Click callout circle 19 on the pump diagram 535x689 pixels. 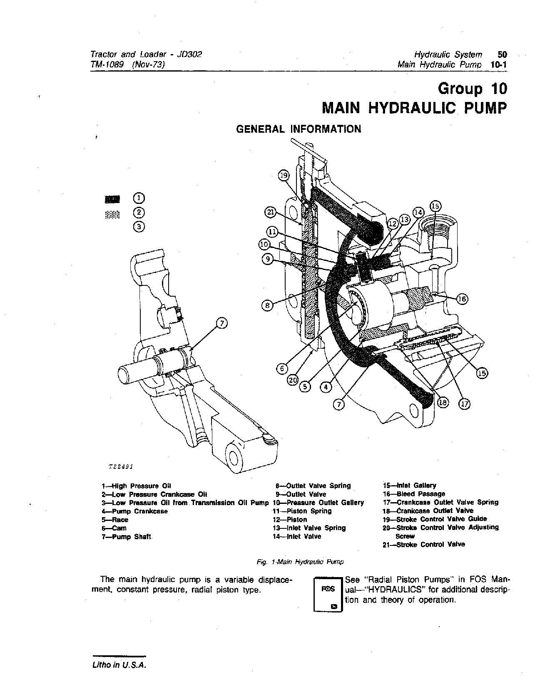pyautogui.click(x=283, y=176)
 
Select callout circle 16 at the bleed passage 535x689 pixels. pyautogui.click(x=462, y=298)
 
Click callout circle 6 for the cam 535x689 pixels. pyautogui.click(x=282, y=368)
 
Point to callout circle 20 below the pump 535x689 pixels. pyautogui.click(x=293, y=379)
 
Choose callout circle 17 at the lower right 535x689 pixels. pyautogui.click(x=464, y=403)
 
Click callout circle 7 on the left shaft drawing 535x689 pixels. pyautogui.click(x=221, y=323)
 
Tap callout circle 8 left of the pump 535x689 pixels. pyautogui.click(x=267, y=306)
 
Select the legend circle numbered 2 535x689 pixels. pyautogui.click(x=139, y=213)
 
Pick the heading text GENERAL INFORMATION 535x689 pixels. pyautogui.click(x=299, y=129)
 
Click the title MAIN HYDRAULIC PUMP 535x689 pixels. pyautogui.click(x=415, y=108)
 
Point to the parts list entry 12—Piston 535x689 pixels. pyautogui.click(x=290, y=520)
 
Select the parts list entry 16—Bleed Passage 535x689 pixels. pyautogui.click(x=414, y=494)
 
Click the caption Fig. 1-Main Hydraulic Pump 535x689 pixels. pyautogui.click(x=300, y=562)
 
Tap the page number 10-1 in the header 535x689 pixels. pyautogui.click(x=498, y=64)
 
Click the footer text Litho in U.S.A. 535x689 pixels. pyautogui.click(x=119, y=665)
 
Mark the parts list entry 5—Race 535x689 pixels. pyautogui.click(x=115, y=520)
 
